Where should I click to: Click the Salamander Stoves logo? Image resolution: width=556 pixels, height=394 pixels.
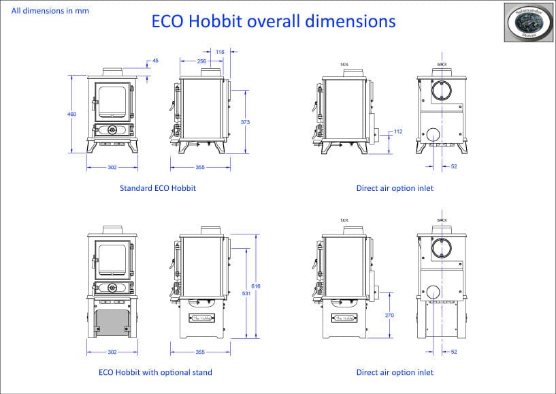[x=528, y=22]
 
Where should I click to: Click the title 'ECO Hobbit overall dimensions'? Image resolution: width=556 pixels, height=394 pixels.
[x=273, y=22]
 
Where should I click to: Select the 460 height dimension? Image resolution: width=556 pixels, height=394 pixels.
[x=71, y=114]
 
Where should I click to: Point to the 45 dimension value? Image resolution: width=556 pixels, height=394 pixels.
[x=155, y=61]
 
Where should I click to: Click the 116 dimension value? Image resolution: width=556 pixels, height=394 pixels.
[x=220, y=52]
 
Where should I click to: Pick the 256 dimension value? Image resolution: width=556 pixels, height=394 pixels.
[x=201, y=61]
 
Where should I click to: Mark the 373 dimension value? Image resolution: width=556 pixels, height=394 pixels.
[x=245, y=122]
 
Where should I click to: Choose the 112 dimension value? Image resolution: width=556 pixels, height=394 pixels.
[x=399, y=131]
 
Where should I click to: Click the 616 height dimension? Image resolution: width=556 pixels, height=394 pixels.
[x=256, y=286]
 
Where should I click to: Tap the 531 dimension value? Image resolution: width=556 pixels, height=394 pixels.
[x=245, y=294]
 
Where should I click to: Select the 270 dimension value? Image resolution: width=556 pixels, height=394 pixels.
[x=389, y=316]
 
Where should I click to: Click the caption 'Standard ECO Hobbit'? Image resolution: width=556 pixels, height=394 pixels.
[x=157, y=188]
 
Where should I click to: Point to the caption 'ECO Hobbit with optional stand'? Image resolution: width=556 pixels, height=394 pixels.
[x=155, y=372]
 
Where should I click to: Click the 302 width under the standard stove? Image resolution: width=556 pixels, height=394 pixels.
[x=112, y=167]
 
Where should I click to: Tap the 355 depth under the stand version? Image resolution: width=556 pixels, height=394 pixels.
[x=200, y=352]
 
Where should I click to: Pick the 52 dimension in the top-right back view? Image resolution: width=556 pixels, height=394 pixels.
[x=453, y=167]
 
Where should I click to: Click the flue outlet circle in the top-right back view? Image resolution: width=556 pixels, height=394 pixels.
[x=442, y=91]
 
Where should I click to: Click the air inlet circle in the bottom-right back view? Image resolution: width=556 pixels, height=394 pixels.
[x=431, y=292]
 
